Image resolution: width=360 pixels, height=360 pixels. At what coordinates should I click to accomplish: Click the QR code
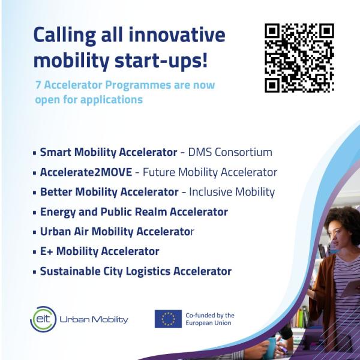click(x=299, y=58)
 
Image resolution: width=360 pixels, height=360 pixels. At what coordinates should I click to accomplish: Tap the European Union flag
click(x=168, y=319)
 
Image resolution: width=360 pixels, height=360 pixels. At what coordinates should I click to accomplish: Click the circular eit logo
click(x=43, y=319)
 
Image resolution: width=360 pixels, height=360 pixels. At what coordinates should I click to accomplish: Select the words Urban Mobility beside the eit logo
click(x=94, y=320)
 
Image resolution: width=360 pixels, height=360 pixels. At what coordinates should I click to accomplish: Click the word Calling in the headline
click(x=65, y=35)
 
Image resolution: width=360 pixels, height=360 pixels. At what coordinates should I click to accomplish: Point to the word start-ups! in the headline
click(x=161, y=61)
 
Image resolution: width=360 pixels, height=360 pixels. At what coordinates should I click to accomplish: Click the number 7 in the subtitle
click(x=38, y=85)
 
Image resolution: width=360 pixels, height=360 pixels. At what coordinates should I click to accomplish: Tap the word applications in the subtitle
click(x=112, y=100)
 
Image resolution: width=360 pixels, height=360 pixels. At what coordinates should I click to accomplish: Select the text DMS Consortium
click(x=230, y=152)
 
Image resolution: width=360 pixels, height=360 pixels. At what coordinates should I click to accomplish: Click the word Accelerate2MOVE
click(x=86, y=172)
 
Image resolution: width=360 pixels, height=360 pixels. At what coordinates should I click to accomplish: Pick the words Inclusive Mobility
click(x=232, y=192)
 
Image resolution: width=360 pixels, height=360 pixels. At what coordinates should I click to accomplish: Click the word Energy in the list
click(x=58, y=212)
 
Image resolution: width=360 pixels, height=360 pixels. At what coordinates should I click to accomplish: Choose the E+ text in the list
click(x=47, y=251)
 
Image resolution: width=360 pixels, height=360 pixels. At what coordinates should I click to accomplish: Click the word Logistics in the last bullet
click(x=148, y=271)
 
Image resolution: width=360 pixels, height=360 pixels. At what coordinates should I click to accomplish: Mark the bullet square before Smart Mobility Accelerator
click(x=34, y=153)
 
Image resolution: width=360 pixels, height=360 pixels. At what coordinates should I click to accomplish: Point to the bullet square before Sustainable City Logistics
click(x=34, y=272)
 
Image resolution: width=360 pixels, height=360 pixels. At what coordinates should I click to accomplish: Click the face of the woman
click(x=337, y=237)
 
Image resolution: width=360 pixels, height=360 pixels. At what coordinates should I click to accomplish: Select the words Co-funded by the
click(x=210, y=316)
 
